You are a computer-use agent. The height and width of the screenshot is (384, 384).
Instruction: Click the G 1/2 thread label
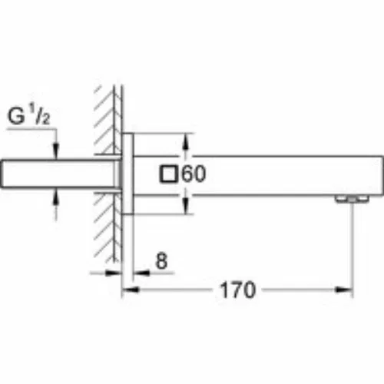pos(28,117)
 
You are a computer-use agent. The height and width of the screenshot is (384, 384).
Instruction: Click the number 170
pos(237,290)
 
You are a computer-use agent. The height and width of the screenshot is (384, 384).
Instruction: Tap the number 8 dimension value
pos(161,261)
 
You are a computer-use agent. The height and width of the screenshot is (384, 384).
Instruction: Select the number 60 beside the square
pos(194,174)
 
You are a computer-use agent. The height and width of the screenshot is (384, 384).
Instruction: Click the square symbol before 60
pos(168,174)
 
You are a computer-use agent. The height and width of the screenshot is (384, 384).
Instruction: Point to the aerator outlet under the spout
pos(352,199)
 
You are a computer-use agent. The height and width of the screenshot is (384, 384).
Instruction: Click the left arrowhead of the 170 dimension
pos(131,290)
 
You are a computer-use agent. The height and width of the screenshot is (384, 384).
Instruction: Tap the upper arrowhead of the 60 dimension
pos(186,143)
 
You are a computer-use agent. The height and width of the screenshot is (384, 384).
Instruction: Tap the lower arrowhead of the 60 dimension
pos(186,205)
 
